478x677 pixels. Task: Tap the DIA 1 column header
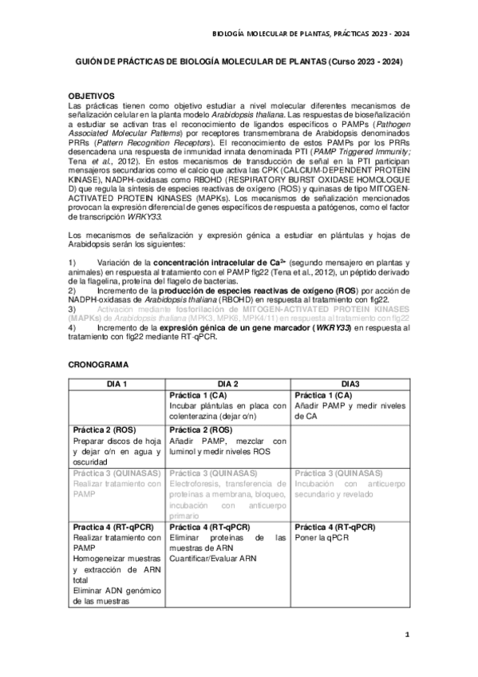coord(117,384)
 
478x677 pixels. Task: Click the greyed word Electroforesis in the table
coord(196,483)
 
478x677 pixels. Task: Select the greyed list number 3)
coord(73,307)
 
